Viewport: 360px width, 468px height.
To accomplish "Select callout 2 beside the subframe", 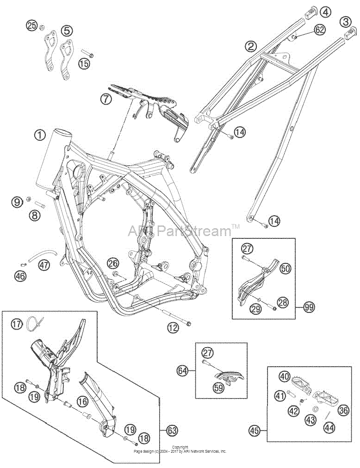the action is click(250, 46).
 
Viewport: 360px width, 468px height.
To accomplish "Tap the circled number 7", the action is click(106, 99).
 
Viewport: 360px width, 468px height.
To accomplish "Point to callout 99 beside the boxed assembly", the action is click(309, 307).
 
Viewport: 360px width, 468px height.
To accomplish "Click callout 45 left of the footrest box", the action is click(254, 431).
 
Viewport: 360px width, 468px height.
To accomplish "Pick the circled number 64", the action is click(184, 371).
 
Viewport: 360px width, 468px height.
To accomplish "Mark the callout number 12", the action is click(173, 328).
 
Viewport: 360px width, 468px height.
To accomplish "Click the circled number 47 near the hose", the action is click(43, 264).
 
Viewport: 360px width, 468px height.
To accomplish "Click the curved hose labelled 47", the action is click(43, 256).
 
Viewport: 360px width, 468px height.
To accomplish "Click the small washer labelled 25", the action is click(42, 28).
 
